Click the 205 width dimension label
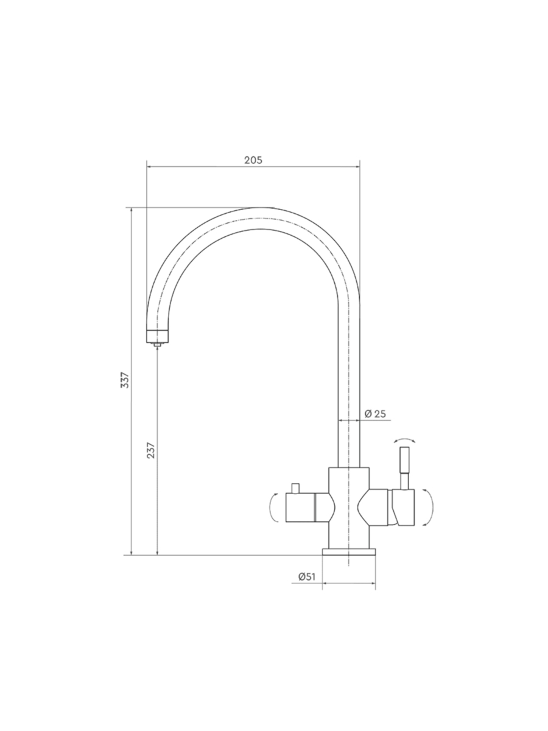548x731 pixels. (x=253, y=160)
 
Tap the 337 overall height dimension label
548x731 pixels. (x=124, y=380)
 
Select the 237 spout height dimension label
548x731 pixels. (x=151, y=450)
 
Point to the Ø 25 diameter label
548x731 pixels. (x=375, y=414)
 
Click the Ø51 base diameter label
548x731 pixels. (x=306, y=577)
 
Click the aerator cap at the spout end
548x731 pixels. (x=158, y=336)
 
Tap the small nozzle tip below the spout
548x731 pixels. (x=158, y=345)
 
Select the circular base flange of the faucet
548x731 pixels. (x=349, y=552)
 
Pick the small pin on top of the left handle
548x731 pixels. (x=296, y=489)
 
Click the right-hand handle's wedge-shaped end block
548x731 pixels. (x=403, y=507)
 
